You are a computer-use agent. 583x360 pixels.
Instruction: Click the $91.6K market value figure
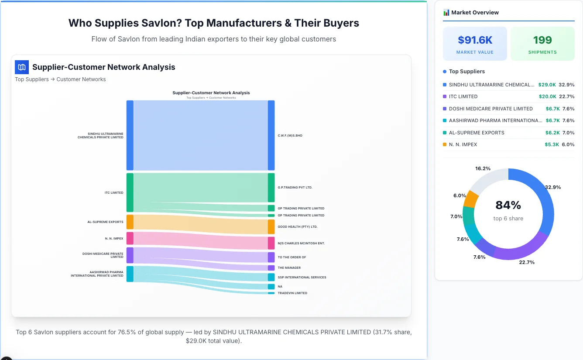pyautogui.click(x=475, y=40)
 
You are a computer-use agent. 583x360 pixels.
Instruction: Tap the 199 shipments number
pyautogui.click(x=542, y=40)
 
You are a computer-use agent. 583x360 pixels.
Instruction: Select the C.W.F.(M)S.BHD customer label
pyautogui.click(x=290, y=136)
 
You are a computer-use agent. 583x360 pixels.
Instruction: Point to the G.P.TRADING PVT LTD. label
pyautogui.click(x=295, y=188)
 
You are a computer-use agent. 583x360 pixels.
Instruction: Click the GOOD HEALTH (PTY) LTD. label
pyautogui.click(x=297, y=227)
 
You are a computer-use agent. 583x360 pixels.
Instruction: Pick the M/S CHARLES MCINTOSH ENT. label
pyautogui.click(x=301, y=243)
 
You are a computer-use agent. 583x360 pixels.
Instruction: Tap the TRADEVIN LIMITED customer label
pyautogui.click(x=292, y=293)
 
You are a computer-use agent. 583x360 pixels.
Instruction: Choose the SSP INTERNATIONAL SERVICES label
pyautogui.click(x=302, y=278)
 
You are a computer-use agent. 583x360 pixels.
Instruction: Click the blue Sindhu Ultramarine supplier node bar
pyautogui.click(x=130, y=135)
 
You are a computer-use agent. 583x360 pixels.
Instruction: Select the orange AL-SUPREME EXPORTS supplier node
pyautogui.click(x=130, y=222)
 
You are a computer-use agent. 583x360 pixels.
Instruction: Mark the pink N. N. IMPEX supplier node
pyautogui.click(x=130, y=238)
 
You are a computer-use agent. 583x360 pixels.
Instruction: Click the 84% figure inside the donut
pyautogui.click(x=508, y=205)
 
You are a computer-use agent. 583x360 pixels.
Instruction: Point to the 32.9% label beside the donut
pyautogui.click(x=553, y=187)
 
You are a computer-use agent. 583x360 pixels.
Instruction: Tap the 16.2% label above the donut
pyautogui.click(x=483, y=168)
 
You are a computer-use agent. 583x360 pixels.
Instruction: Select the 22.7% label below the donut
pyautogui.click(x=527, y=262)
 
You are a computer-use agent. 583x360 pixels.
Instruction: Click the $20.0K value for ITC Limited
pyautogui.click(x=547, y=96)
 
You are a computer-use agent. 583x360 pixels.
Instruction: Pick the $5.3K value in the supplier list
pyautogui.click(x=552, y=144)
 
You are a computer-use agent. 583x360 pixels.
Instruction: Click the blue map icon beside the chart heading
pyautogui.click(x=22, y=67)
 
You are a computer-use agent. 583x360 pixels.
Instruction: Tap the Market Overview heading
pyautogui.click(x=475, y=13)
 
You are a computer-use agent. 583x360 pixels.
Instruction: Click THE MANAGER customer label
pyautogui.click(x=289, y=268)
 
